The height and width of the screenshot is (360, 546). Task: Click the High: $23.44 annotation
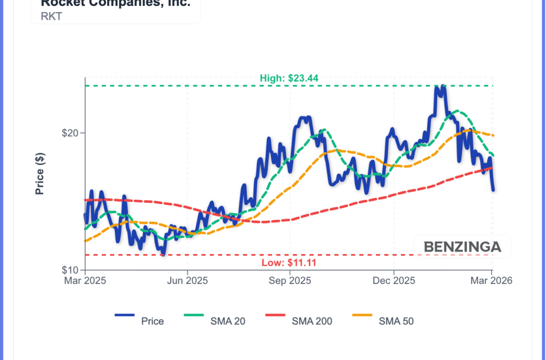(x=289, y=78)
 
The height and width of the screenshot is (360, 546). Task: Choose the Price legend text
(x=152, y=321)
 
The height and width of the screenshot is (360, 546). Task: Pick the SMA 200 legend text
(x=312, y=321)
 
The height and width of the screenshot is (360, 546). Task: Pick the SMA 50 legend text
(x=396, y=321)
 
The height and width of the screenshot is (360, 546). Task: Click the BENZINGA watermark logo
(x=462, y=247)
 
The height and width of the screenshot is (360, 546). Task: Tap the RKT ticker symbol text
(x=51, y=16)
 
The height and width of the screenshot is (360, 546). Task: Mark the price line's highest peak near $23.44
(x=439, y=87)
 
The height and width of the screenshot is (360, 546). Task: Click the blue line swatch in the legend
(x=125, y=315)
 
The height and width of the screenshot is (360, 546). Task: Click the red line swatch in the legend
(x=275, y=315)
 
